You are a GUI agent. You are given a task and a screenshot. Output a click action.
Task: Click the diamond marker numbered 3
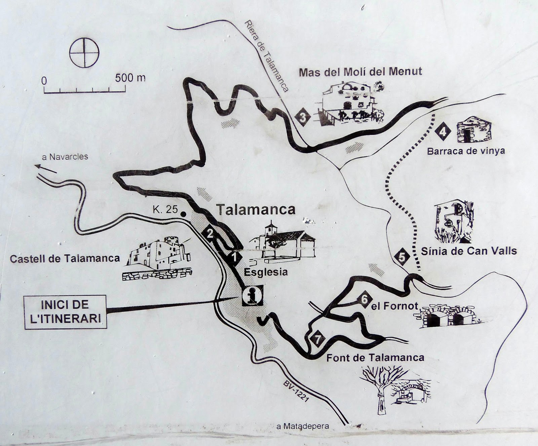point(303,117)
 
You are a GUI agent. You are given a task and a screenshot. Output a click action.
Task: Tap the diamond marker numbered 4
point(443,131)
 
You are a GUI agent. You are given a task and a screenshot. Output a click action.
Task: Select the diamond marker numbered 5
point(402,257)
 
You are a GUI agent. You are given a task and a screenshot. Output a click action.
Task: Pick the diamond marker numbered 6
point(364,299)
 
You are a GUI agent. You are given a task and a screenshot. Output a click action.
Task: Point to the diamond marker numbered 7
point(317,339)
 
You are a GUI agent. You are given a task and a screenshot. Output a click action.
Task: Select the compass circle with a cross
point(84,53)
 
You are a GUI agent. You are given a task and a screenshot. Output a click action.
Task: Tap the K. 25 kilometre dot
point(183,214)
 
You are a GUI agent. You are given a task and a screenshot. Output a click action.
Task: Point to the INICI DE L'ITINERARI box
point(66,312)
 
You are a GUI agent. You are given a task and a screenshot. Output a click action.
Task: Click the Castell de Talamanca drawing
point(158,258)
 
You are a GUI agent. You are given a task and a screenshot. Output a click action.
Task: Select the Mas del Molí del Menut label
point(360,72)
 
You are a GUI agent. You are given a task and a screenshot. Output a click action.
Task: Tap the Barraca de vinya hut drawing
point(474,130)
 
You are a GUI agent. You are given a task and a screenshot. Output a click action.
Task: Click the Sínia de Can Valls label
point(469,251)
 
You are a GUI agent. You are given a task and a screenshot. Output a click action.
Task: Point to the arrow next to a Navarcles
point(45,168)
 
